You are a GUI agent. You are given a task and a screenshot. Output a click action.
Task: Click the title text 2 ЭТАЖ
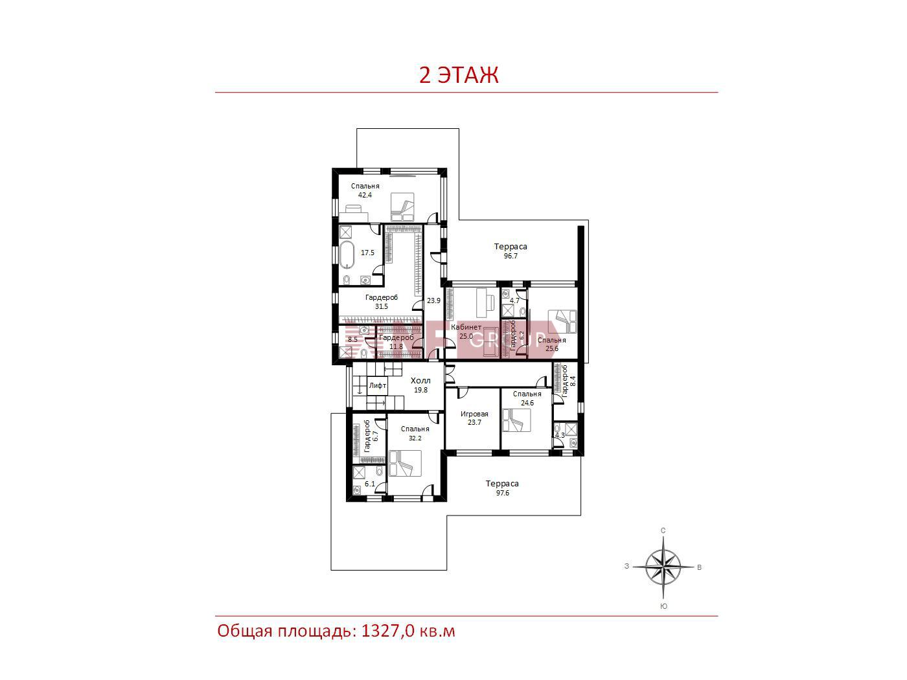pos(459,76)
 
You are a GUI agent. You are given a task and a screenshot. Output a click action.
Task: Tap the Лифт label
pos(377,385)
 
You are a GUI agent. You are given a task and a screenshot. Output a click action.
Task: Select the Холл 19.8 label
pos(420,385)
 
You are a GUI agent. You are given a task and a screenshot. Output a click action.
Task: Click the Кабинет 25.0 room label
pos(466,332)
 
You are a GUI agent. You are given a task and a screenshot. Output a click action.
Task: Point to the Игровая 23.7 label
pos(474,418)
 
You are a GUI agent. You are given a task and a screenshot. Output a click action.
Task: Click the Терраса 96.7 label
pos(511,251)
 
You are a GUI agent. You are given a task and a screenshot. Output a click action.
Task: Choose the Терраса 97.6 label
pos(502,488)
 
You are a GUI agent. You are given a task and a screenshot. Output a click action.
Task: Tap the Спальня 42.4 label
pos(365,190)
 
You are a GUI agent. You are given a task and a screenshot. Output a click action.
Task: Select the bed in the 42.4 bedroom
pos(402,207)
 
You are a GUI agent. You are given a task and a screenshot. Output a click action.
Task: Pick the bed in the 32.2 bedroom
pos(405,463)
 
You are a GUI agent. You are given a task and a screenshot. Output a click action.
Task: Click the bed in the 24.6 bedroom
pos(516,420)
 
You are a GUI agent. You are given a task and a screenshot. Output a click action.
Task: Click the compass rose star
pos(663,568)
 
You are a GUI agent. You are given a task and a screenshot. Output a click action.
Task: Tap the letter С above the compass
pos(663,530)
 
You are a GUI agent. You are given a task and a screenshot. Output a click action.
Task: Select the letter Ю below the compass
pos(663,606)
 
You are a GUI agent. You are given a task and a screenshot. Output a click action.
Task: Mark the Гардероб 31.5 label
pos(382,302)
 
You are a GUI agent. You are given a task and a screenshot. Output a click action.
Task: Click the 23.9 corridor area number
pos(433,300)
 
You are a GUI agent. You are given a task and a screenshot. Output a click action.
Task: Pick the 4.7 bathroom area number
pos(514,300)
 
